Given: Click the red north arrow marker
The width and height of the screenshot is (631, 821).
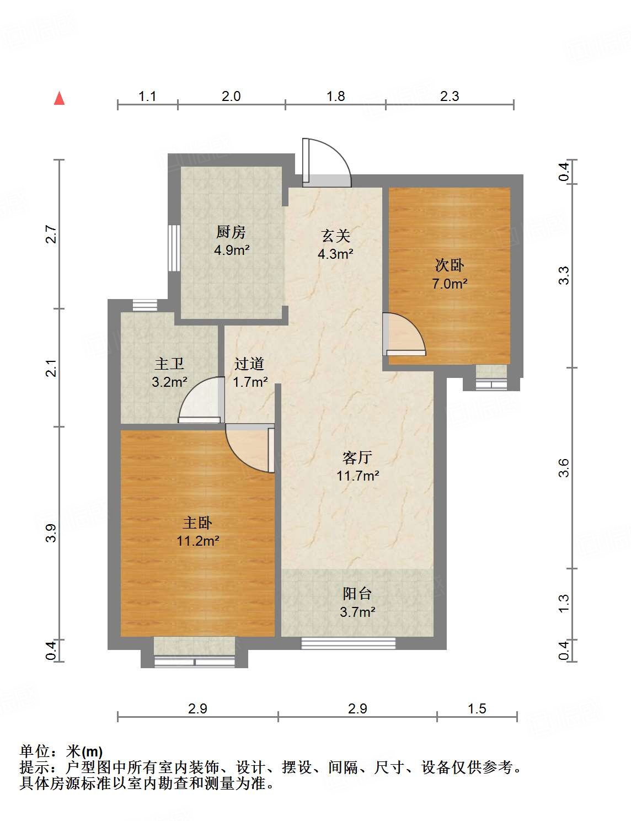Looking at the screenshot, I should click(60, 99).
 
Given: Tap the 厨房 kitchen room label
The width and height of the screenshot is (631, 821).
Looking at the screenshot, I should click(231, 232).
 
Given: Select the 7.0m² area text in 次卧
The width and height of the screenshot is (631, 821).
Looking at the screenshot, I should click(450, 284).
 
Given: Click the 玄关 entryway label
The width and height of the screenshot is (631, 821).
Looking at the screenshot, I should click(336, 236).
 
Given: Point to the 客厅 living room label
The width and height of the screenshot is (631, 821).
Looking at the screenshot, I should click(357, 457).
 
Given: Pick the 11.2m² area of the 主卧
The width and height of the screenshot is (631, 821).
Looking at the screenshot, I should click(197, 541).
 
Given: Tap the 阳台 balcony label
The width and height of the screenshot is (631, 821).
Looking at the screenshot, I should click(357, 594).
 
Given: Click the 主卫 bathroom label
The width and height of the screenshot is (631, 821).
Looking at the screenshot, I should click(169, 364).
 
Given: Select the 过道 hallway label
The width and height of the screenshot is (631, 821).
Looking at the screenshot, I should click(249, 364).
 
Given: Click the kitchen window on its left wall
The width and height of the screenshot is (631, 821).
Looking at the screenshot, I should click(174, 247).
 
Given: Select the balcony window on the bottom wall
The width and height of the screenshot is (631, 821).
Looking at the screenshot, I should click(348, 643).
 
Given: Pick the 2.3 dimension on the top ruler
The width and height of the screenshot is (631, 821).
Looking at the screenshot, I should click(449, 97).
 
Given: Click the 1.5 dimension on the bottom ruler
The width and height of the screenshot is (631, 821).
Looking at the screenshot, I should click(477, 708).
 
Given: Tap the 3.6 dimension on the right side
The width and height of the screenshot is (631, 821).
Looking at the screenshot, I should click(563, 468).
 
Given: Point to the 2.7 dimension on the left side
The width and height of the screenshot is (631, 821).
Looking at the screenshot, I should click(51, 234).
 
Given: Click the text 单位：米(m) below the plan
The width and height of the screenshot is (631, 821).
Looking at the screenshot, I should click(61, 751).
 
